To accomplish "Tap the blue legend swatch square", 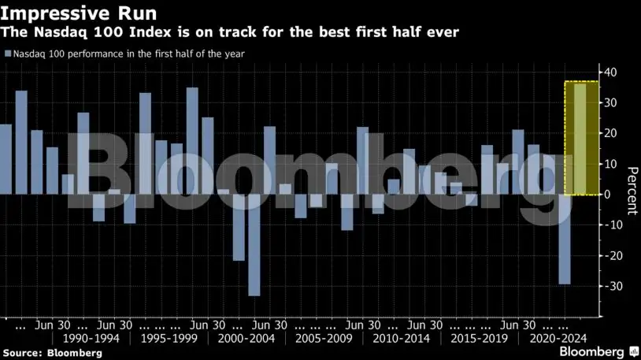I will [7, 54].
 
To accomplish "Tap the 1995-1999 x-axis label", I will [168, 339].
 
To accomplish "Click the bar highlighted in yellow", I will [580, 139].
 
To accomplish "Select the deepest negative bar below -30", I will [254, 245].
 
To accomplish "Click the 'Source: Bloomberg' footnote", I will [52, 353].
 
